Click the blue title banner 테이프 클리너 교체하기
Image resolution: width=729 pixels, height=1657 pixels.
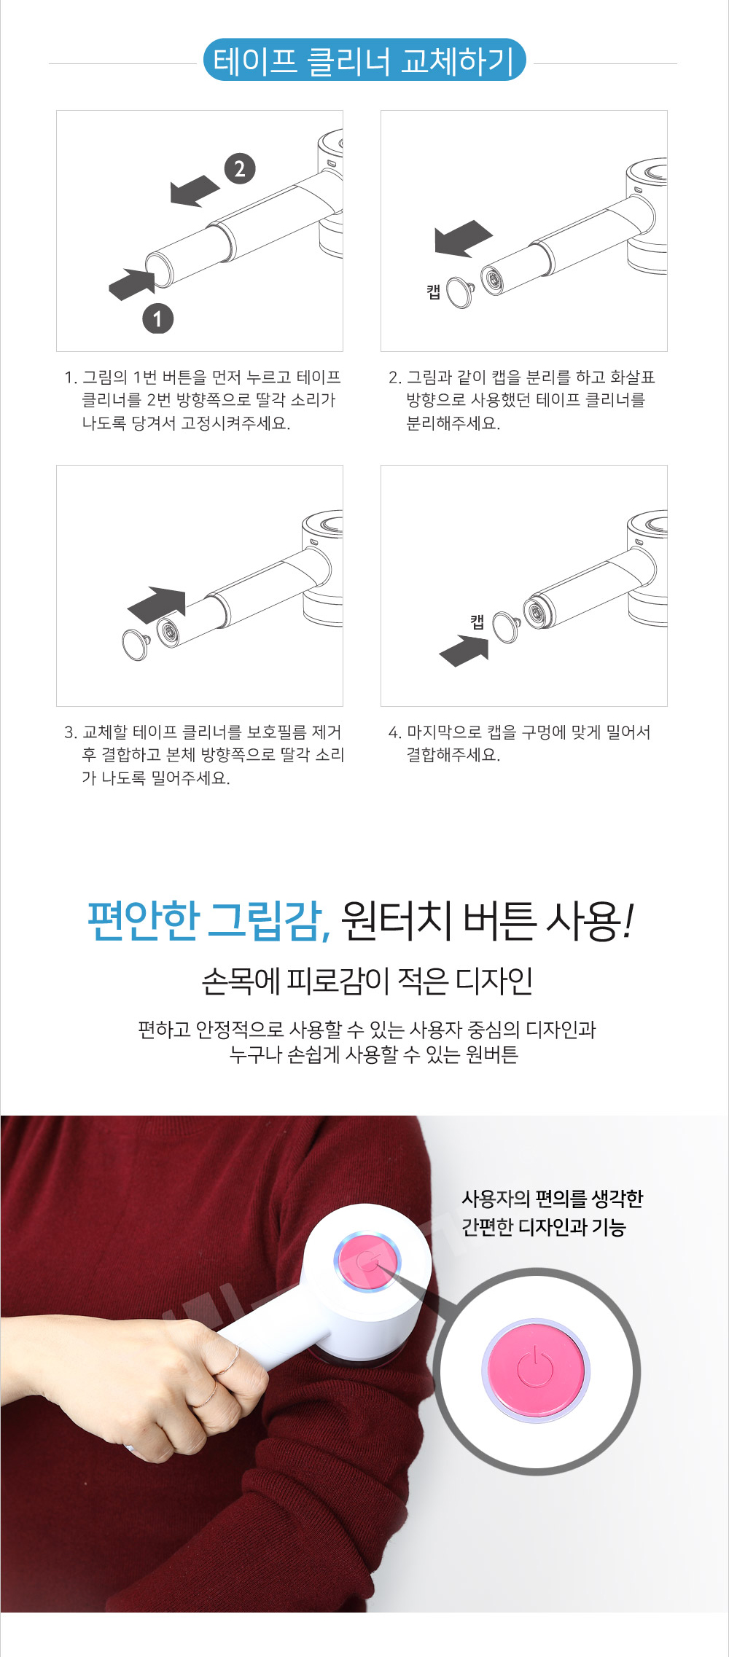point(364,60)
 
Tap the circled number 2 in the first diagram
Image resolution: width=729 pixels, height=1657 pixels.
point(240,169)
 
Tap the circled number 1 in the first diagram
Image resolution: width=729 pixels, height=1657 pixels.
point(157,318)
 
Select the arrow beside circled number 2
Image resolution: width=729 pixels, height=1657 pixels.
point(195,191)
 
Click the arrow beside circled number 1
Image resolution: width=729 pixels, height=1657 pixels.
point(132,284)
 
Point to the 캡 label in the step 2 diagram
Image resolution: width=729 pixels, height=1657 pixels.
point(434,291)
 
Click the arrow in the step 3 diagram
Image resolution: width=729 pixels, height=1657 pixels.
point(157,605)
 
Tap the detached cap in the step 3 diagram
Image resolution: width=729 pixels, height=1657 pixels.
point(136,644)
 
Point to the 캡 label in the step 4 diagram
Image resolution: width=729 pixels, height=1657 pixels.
point(477,622)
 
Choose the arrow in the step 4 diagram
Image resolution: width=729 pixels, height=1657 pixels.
point(464,651)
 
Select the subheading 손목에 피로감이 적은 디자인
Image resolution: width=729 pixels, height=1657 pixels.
point(367,981)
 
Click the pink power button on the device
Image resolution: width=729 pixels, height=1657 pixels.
point(367,1261)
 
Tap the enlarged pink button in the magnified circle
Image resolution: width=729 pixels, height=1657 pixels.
point(536,1371)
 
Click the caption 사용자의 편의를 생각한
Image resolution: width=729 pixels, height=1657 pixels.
point(553,1199)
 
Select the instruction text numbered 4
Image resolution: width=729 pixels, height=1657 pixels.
point(519,743)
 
